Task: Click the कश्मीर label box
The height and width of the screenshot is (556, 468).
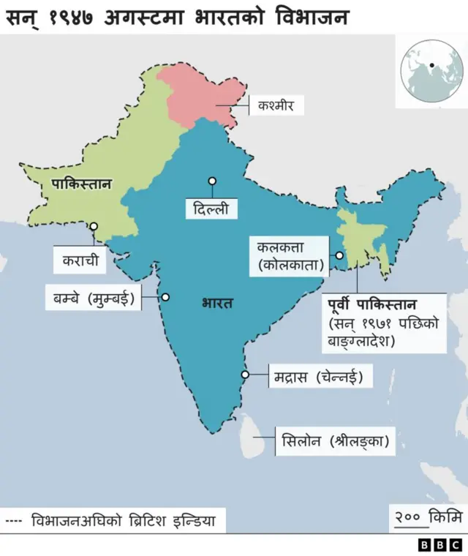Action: click(x=275, y=105)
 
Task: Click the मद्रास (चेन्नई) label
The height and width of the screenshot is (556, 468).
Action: click(x=318, y=377)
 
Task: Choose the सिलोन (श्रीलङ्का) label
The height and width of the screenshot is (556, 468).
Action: click(x=334, y=442)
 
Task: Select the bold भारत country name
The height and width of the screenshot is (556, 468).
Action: click(x=217, y=303)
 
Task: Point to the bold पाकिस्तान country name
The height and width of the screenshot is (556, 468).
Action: click(x=81, y=184)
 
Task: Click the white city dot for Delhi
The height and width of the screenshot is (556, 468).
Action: click(x=212, y=181)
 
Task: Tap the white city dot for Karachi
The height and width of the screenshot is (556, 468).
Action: click(x=94, y=226)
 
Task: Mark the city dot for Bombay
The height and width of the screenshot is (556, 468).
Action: click(x=165, y=297)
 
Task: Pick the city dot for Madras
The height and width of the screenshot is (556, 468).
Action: click(x=246, y=375)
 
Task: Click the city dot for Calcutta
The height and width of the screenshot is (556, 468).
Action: click(x=339, y=255)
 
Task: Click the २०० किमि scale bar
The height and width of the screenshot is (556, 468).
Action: click(x=428, y=519)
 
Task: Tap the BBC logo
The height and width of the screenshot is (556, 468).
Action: click(x=439, y=545)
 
